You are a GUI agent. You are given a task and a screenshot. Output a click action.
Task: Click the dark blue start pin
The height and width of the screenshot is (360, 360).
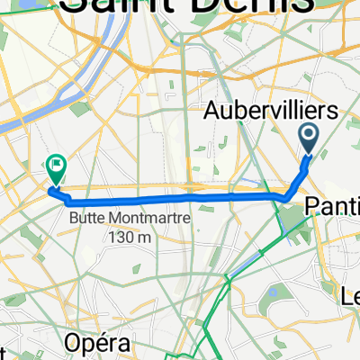(x=309, y=138)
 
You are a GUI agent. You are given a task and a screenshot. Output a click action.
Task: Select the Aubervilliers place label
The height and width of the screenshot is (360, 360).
(x=272, y=112)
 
